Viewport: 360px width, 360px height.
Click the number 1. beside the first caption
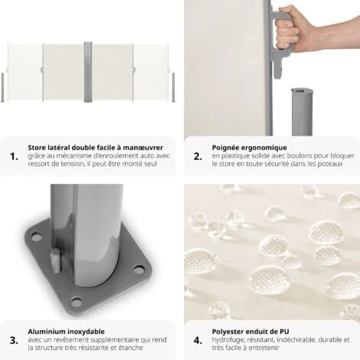tap(13, 156)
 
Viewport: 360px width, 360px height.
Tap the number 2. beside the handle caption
tap(198, 156)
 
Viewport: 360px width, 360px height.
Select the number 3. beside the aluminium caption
tap(13, 339)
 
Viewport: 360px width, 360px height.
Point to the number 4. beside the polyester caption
tap(198, 339)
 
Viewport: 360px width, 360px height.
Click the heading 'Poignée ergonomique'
tap(250, 148)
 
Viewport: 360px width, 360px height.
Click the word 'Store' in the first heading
tap(38, 148)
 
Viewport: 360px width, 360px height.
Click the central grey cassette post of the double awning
tap(88, 73)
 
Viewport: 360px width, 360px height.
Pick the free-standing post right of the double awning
tap(173, 87)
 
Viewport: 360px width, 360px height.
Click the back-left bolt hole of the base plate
tap(37, 237)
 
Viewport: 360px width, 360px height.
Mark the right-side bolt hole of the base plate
tap(139, 269)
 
